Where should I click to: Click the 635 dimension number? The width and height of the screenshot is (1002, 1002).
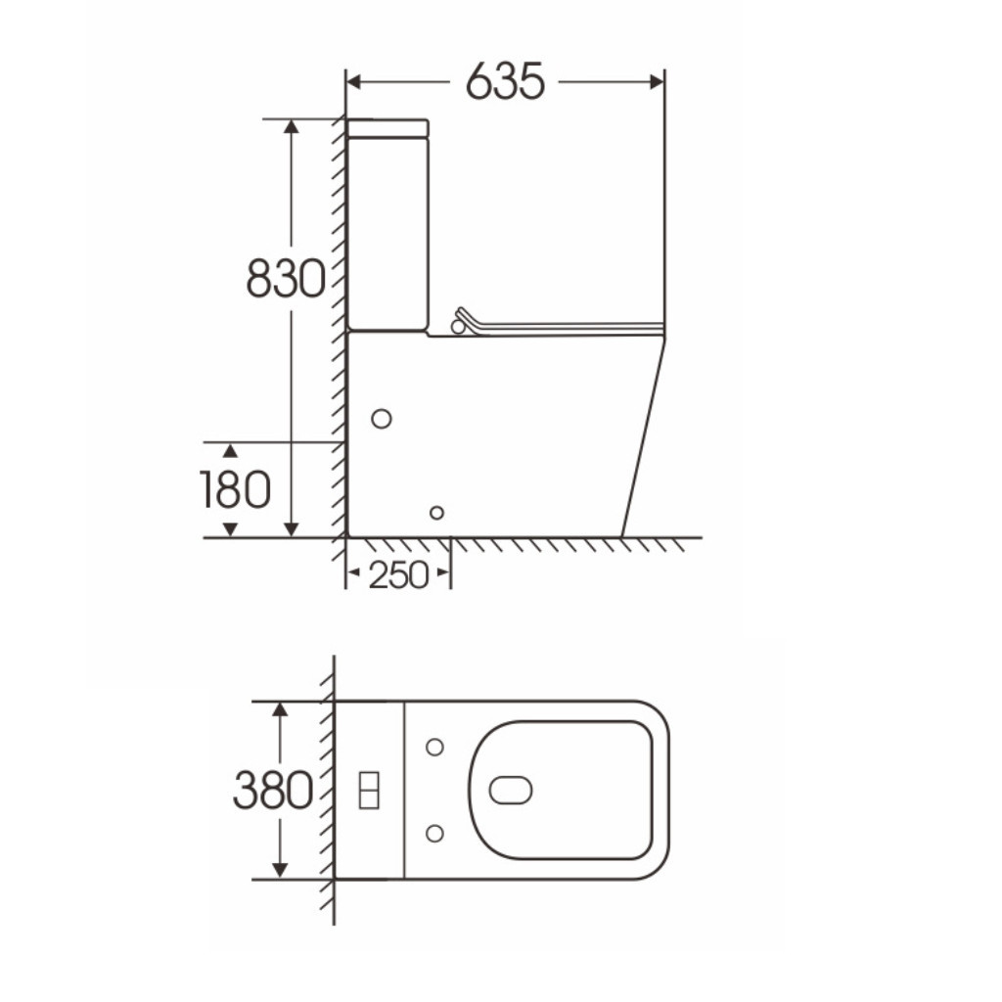[x=505, y=82]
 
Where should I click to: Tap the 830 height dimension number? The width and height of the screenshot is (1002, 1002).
[x=286, y=279]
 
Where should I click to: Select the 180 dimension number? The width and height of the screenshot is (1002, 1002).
[x=235, y=489]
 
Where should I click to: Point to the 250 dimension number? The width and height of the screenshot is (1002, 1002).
[x=398, y=575]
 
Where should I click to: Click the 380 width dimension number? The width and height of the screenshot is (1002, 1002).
[x=273, y=791]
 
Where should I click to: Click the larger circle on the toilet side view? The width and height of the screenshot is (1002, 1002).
[x=382, y=419]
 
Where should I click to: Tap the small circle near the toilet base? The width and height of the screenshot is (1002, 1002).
[x=437, y=513]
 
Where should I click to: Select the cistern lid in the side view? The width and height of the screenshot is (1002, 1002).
[x=387, y=128]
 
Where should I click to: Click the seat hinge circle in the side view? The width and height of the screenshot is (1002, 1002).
[x=458, y=327]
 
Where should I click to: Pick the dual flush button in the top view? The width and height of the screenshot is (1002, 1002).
[x=369, y=791]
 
